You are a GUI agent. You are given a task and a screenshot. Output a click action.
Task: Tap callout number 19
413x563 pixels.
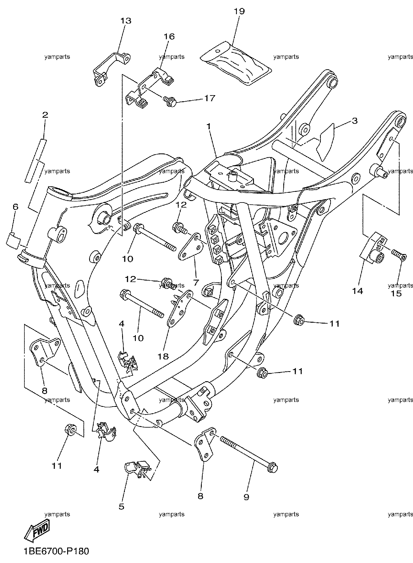(239, 12)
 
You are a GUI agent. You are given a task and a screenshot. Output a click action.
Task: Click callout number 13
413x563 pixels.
(125, 21)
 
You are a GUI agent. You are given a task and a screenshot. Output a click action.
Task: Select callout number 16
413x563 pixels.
(169, 37)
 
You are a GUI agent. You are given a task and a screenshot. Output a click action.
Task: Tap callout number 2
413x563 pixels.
(45, 115)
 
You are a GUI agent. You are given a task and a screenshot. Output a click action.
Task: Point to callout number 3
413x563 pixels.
(354, 121)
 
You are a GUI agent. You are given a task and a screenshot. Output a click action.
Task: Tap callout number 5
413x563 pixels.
(121, 506)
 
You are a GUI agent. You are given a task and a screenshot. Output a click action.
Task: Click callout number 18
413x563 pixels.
(164, 356)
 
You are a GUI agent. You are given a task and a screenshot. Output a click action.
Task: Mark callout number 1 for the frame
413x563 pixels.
(209, 126)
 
